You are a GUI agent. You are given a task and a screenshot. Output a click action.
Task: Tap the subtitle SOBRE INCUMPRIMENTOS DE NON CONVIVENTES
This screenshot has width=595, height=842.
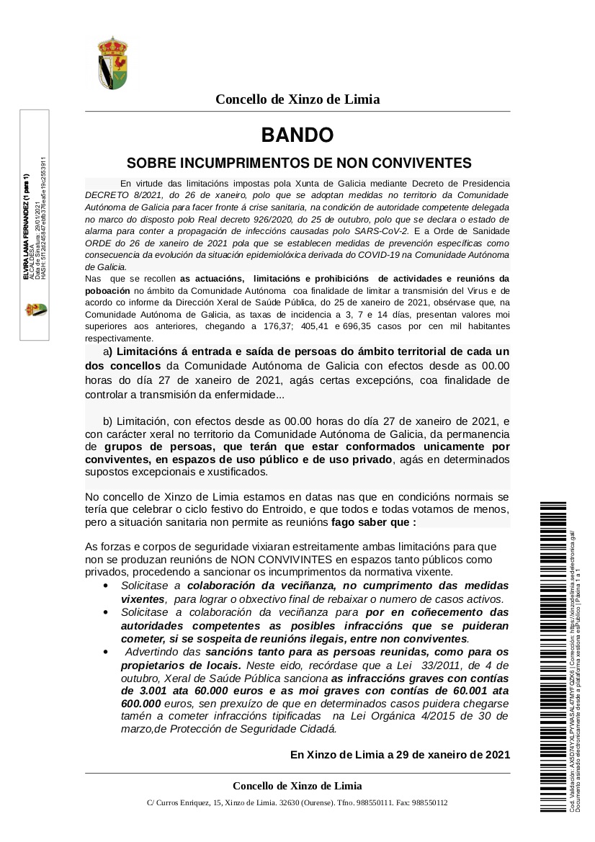(298, 163)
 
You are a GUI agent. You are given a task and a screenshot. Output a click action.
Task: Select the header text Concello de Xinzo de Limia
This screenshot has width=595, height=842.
(297, 99)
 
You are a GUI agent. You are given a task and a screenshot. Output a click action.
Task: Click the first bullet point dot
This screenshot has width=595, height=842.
(107, 586)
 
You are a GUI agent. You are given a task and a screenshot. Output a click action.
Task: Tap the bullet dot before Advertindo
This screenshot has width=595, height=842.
(107, 652)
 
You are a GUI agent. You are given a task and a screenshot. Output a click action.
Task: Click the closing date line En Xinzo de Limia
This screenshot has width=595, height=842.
(400, 755)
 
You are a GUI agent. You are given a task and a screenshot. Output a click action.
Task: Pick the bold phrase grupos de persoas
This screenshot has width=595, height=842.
(130, 447)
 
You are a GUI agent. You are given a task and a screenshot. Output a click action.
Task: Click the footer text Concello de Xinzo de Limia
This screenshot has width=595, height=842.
(297, 786)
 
